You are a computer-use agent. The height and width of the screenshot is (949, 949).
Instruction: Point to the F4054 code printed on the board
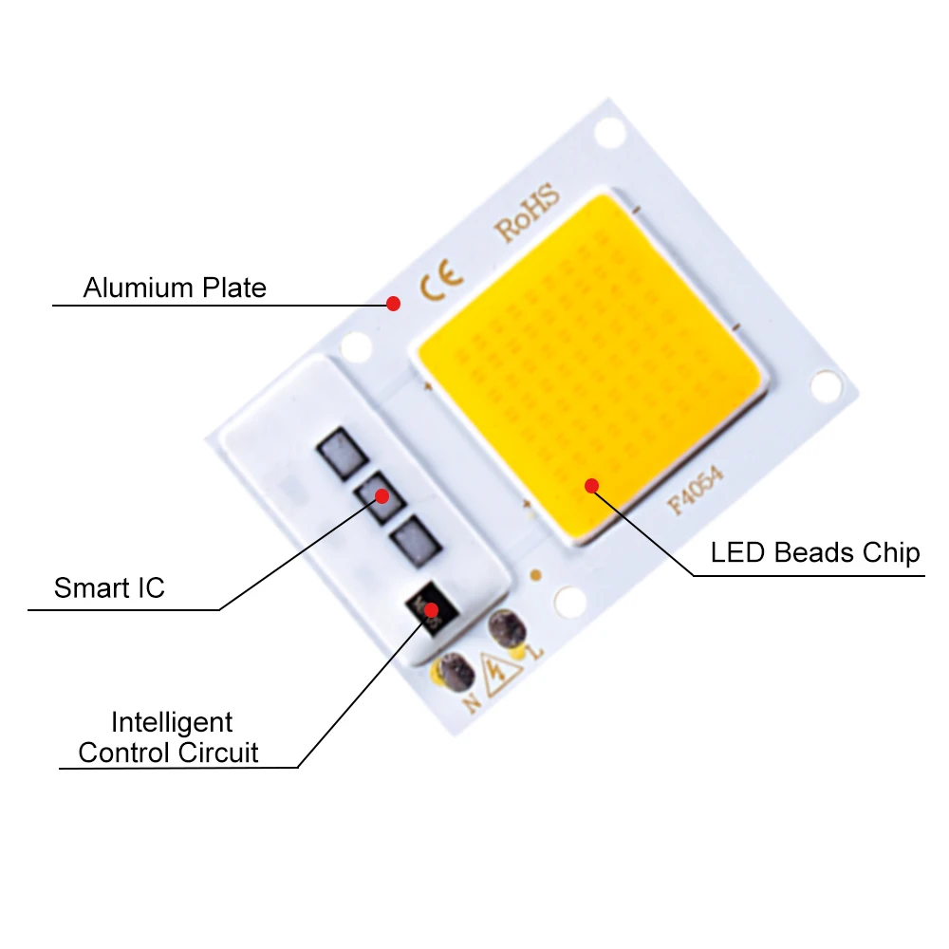point(697,493)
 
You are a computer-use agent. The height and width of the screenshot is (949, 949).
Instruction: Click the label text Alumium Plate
point(175,288)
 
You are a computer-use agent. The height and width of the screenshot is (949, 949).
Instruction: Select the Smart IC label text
point(109,588)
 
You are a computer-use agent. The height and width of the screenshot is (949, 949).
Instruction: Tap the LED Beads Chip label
point(815,552)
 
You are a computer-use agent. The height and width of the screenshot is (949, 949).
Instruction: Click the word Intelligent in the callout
point(172,722)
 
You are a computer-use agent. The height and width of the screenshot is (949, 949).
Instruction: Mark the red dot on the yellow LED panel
point(591,486)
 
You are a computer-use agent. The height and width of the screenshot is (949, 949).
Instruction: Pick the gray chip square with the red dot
point(380,496)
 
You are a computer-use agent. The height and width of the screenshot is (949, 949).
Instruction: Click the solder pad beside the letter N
point(456,671)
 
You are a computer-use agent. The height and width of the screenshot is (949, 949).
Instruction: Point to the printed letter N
point(472,703)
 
